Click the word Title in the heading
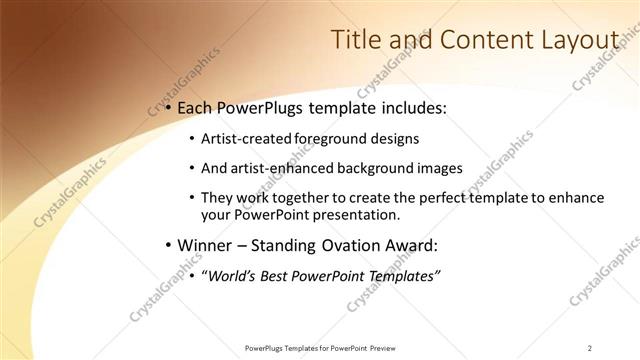pos(354,40)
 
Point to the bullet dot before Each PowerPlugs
pos(169,107)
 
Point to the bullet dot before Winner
pos(169,245)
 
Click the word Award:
pos(411,245)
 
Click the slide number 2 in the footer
pos(590,347)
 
